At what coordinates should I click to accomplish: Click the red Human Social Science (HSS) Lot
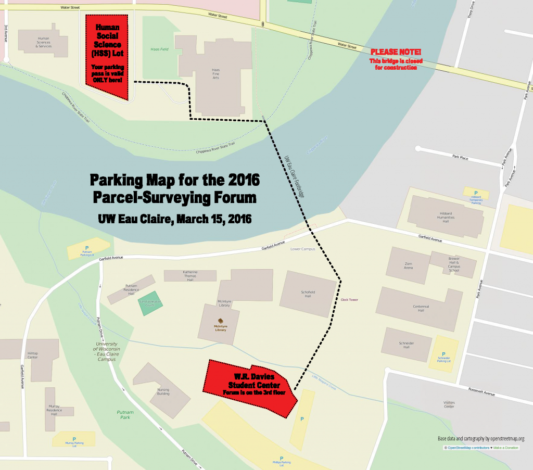pos(107,57)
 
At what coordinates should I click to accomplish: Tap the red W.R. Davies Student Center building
pos(250,388)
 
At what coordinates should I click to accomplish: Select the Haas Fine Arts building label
pos(216,72)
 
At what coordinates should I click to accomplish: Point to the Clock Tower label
pos(349,300)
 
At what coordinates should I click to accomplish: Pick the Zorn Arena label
pos(409,266)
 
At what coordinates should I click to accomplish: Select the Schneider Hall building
pos(407,344)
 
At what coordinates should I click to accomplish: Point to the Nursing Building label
pos(163,391)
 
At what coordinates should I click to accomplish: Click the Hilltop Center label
pos(32,355)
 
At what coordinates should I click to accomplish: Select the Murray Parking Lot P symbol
pos(74,439)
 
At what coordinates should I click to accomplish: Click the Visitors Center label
pos(449,405)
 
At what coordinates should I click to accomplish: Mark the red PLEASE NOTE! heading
pos(396,52)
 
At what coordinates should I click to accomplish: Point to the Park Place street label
pos(461,156)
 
